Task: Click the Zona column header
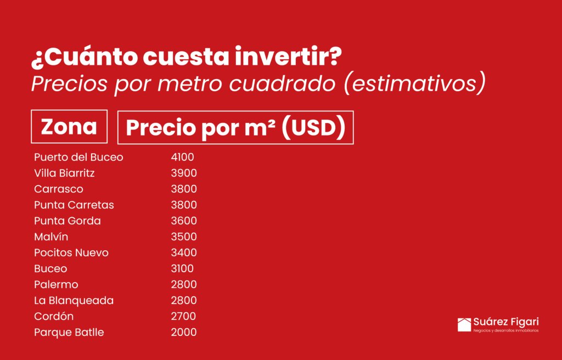pyautogui.click(x=69, y=127)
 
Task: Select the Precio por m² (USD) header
pyautogui.click(x=235, y=128)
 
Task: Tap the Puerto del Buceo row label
pyautogui.click(x=78, y=157)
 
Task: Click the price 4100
pyautogui.click(x=182, y=157)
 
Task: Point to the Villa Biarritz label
pyautogui.click(x=65, y=173)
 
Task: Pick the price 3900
pyautogui.click(x=184, y=173)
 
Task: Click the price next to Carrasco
pyautogui.click(x=184, y=189)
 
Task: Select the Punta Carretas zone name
pyautogui.click(x=74, y=205)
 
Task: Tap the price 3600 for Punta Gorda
pyautogui.click(x=184, y=221)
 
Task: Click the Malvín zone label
pyautogui.click(x=51, y=237)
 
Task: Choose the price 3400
pyautogui.click(x=184, y=252)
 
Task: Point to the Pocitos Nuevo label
pyautogui.click(x=71, y=252)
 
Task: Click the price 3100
pyautogui.click(x=182, y=268)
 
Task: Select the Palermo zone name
pyautogui.click(x=56, y=284)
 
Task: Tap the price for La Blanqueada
pyautogui.click(x=184, y=301)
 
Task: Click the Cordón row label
pyautogui.click(x=54, y=316)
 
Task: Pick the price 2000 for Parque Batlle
pyautogui.click(x=184, y=332)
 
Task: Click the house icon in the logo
pyautogui.click(x=464, y=325)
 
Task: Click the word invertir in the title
pyautogui.click(x=289, y=57)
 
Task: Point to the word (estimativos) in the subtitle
pyautogui.click(x=415, y=83)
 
